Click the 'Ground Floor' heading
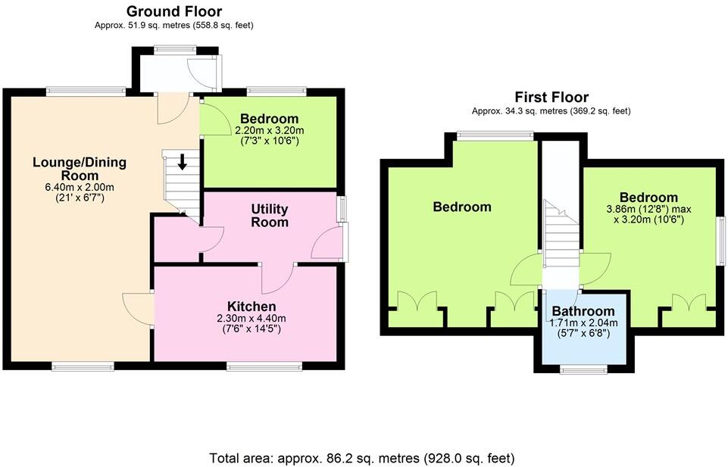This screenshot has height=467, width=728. pos(174,11)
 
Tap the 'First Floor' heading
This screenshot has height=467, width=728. pos(551,97)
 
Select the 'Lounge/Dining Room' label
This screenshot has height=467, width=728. pos(80,169)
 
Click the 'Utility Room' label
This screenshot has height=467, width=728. pos(270,216)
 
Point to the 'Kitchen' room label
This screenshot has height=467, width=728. pos(247,306)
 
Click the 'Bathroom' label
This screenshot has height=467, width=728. pos(583,311)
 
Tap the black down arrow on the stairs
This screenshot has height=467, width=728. pos(182,161)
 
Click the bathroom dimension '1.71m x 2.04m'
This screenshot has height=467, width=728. pos(583,322)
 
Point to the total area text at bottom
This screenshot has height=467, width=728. pos(362,458)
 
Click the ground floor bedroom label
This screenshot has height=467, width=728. pos(269,119)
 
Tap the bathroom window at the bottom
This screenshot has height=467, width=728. pos(583,369)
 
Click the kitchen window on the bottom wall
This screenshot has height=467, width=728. pos(265,366)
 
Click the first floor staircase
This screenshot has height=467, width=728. pos(561,235)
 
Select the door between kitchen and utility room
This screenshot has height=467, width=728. pos(276,279)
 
